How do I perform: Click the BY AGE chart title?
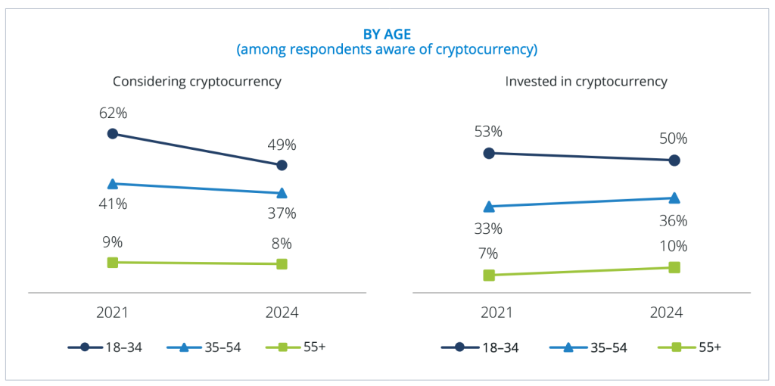pos(387,34)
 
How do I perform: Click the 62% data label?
pos(113,113)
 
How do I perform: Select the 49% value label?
pos(282,145)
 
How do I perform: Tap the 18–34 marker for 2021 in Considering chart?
pos(113,134)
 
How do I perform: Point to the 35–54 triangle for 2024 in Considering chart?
pos(282,193)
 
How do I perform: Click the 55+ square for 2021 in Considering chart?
pos(113,262)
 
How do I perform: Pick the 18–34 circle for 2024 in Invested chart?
pos(674,160)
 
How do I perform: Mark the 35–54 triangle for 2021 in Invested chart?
pos(489,206)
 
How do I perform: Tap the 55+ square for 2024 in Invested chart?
pos(674,267)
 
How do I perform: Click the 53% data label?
pos(488,132)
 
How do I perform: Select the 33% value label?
pos(488,229)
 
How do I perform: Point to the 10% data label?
pos(673,246)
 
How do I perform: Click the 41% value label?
pos(113,204)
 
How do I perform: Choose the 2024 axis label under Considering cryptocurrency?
pos(282,313)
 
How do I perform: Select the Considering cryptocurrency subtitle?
pos(197,81)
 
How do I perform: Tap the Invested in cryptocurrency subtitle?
pos(586,81)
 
